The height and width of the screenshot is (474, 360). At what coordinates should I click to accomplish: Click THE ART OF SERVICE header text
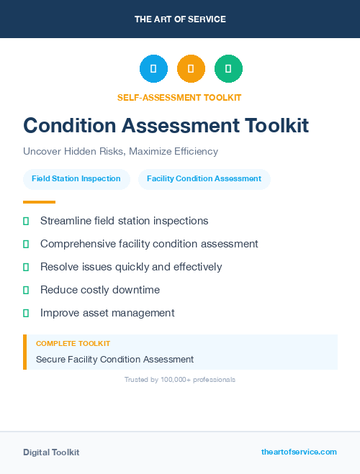(x=180, y=19)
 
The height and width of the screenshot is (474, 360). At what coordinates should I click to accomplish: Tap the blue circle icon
(x=153, y=69)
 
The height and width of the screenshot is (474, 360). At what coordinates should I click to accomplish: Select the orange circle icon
(x=191, y=69)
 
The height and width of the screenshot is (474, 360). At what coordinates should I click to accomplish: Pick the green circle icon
(x=228, y=69)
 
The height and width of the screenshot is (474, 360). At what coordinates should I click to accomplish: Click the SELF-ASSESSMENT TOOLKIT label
(x=179, y=97)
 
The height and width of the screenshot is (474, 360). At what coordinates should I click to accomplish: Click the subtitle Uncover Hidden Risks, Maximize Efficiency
(x=120, y=151)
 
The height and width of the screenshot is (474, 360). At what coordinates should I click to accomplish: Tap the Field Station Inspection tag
(x=76, y=178)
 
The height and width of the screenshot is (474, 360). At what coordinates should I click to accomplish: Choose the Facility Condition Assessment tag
(x=204, y=178)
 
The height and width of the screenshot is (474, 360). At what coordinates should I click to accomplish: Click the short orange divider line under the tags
(x=39, y=202)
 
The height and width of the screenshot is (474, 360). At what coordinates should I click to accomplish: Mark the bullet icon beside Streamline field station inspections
(x=26, y=221)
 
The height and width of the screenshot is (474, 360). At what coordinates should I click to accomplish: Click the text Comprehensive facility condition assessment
(x=149, y=244)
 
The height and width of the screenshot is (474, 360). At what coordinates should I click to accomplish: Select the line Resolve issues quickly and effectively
(x=131, y=267)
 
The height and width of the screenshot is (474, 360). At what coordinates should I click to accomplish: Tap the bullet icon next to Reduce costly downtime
(x=26, y=290)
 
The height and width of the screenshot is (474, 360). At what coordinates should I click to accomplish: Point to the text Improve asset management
(x=107, y=313)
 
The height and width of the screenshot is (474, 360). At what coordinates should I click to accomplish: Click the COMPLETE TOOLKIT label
(x=73, y=344)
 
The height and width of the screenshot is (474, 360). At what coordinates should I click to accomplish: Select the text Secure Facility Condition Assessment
(x=114, y=359)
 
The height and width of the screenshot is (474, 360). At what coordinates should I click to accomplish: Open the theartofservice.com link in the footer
(x=299, y=452)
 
